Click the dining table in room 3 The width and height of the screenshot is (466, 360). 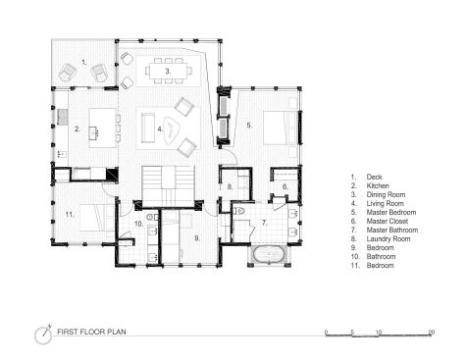(168, 71)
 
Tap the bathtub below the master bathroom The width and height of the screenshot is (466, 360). (269, 254)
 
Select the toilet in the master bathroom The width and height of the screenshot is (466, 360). (238, 211)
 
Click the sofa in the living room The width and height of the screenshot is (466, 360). (148, 128)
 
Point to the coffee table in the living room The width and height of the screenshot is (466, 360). (170, 129)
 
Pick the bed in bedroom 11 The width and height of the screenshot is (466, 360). (96, 218)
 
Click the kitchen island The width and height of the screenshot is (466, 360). (103, 129)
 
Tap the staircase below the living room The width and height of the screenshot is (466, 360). (168, 184)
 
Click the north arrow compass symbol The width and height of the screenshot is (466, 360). (43, 334)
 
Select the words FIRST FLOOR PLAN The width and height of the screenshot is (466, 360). (91, 332)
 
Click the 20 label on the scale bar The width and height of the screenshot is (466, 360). (432, 333)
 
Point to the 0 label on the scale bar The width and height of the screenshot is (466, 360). (326, 333)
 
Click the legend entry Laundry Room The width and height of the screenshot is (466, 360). (388, 239)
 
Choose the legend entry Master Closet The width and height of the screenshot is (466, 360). (388, 222)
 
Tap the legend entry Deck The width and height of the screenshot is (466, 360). (374, 177)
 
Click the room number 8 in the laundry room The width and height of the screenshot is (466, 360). (230, 186)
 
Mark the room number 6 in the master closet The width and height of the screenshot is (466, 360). (285, 186)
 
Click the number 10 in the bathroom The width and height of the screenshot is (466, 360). (138, 224)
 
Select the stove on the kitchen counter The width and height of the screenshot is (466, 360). (63, 117)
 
